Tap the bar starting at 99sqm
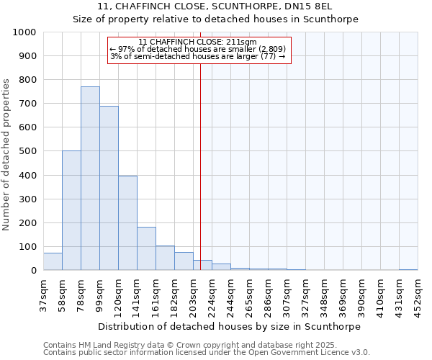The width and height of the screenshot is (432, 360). point(109,188)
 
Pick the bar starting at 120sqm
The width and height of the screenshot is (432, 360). point(127,223)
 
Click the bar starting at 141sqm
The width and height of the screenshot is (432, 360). point(146,248)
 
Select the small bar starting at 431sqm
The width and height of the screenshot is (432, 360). point(408,269)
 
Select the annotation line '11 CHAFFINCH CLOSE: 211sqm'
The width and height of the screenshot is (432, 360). point(197,42)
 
